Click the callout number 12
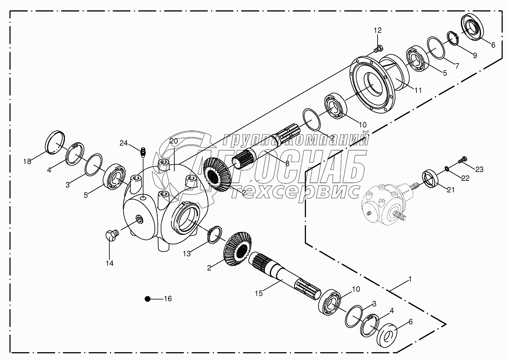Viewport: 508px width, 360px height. [378, 30]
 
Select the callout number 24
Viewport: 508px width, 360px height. [124, 143]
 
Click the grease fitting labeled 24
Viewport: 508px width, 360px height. [143, 152]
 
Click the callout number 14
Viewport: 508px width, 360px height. [109, 263]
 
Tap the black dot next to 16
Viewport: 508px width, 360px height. [147, 299]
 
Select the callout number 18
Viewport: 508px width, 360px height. [27, 162]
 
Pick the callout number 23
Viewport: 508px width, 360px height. [479, 169]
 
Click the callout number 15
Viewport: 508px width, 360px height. [259, 293]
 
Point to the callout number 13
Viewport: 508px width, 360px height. [187, 254]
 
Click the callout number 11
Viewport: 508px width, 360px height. [418, 90]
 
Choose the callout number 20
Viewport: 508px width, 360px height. [174, 141]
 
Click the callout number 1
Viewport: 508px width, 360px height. [410, 279]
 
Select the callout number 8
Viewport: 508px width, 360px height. [287, 163]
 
